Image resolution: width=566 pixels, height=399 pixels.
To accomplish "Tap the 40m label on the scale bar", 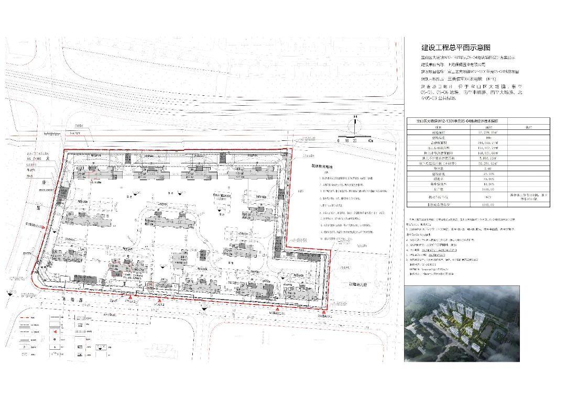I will [371, 141].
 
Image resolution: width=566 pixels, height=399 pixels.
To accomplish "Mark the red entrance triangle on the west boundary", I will [52, 229].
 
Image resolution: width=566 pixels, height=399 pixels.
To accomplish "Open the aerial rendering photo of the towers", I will [462, 323].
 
